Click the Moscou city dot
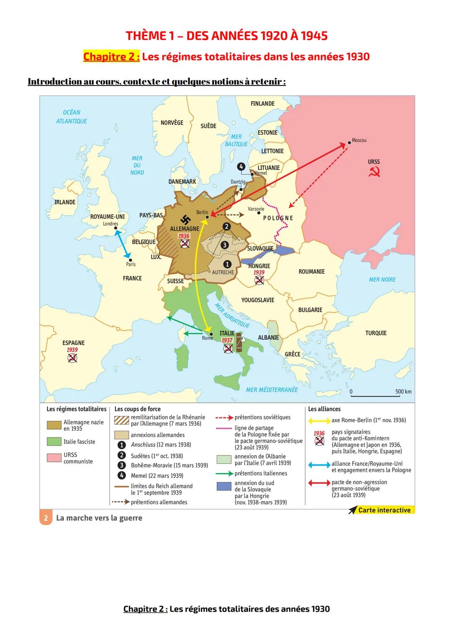(349, 143)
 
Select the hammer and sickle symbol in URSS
(374, 171)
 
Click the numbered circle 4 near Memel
(241, 167)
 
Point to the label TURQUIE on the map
(376, 333)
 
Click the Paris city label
(131, 264)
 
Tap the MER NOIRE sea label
(382, 280)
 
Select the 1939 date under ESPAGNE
(72, 350)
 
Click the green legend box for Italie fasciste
(54, 442)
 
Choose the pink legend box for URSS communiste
(54, 458)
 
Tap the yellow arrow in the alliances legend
(319, 420)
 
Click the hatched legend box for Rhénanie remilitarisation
(121, 420)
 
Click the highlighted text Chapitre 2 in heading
(112, 57)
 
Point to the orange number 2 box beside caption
(46, 518)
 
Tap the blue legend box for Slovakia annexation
(224, 486)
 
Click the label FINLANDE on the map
(263, 104)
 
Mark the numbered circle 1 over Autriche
(227, 264)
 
